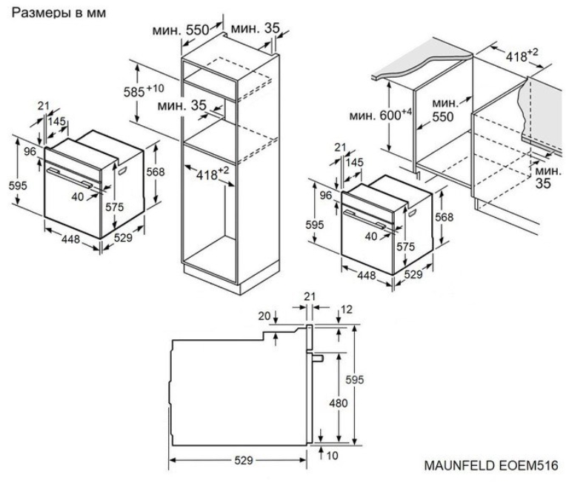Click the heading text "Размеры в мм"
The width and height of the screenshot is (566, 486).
tap(59, 13)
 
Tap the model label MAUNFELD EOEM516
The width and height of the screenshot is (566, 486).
tap(491, 465)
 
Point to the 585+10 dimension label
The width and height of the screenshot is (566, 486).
tap(144, 91)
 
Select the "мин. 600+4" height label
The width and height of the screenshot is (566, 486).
tap(381, 115)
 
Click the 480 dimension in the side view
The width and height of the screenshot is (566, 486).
tap(339, 403)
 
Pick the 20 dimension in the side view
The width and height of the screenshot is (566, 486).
tap(264, 316)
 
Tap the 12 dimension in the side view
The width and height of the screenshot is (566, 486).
tap(346, 310)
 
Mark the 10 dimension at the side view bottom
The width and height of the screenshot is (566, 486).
tap(332, 456)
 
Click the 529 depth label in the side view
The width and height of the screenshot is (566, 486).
tap(244, 460)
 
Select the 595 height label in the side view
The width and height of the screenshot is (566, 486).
tap(354, 379)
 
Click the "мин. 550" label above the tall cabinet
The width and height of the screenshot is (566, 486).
tap(181, 30)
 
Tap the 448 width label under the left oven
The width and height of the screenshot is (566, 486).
tap(71, 239)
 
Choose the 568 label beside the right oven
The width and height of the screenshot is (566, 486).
tap(444, 217)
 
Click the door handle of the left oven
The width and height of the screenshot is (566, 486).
tap(70, 178)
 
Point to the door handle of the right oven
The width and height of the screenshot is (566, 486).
tap(366, 219)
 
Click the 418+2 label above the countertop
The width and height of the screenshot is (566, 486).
tap(522, 56)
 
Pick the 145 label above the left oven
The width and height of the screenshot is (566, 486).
tap(56, 121)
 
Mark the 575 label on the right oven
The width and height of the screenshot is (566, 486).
tap(406, 247)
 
